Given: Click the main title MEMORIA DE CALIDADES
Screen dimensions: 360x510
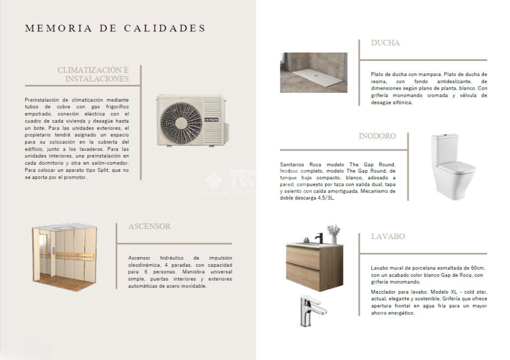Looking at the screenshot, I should point(115,28).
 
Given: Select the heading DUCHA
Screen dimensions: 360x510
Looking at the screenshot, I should point(385,43).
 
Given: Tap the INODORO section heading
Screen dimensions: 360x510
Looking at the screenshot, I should point(377,136).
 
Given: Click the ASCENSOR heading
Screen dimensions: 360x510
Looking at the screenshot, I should point(149,226).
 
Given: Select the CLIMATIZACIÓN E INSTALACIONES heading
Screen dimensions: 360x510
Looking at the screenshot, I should point(94,75).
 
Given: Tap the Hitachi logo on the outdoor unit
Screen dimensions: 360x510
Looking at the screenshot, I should point(211,119).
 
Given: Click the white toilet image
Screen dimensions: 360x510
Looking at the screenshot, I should point(452,167).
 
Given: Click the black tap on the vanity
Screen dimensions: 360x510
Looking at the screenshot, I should point(319,238).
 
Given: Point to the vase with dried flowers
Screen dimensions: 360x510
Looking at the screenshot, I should point(334,234).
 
